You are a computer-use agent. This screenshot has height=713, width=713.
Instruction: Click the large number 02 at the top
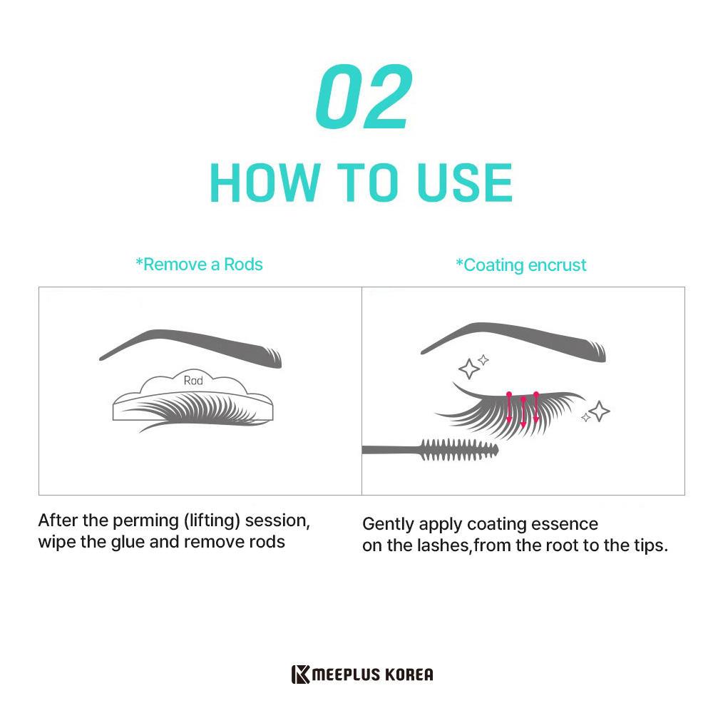coord(364,96)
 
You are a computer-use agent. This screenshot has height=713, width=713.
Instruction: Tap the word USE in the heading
coord(465,183)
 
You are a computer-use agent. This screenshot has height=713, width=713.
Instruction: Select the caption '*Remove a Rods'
coord(199,265)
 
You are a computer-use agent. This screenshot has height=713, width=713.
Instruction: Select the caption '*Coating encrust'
coord(521,265)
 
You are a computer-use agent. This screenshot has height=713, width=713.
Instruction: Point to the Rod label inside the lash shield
coord(193,380)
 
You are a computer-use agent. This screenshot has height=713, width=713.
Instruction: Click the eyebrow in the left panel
coord(190,347)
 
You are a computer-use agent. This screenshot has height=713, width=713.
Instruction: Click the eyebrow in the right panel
coord(513,340)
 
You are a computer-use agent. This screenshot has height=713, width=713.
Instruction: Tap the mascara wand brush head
coord(459,450)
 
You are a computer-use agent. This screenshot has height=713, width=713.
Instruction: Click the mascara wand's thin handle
coord(391,450)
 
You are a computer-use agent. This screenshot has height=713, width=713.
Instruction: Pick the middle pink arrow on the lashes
coord(523,412)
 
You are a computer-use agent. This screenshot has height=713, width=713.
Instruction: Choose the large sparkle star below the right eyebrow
coord(469,369)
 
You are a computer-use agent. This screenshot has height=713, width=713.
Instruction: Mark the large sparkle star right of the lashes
coord(600,411)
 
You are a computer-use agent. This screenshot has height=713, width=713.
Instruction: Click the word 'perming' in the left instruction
coord(146,521)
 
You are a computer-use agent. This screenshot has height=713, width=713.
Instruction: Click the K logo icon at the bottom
coord(301,674)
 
